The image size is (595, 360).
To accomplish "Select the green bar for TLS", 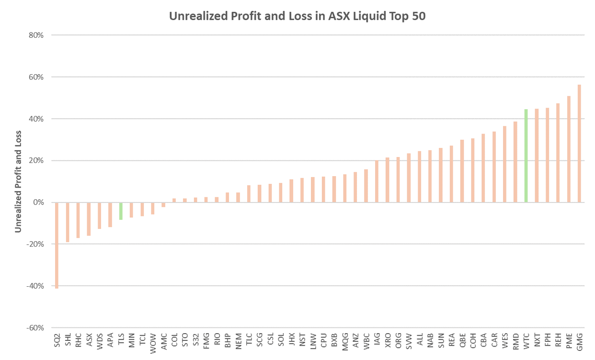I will coord(121,211).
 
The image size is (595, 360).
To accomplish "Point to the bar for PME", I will coord(569,149).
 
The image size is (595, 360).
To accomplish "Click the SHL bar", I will coord(68,222).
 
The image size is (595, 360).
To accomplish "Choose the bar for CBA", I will coord(483,168).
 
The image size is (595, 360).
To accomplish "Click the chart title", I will coord(297,16).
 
